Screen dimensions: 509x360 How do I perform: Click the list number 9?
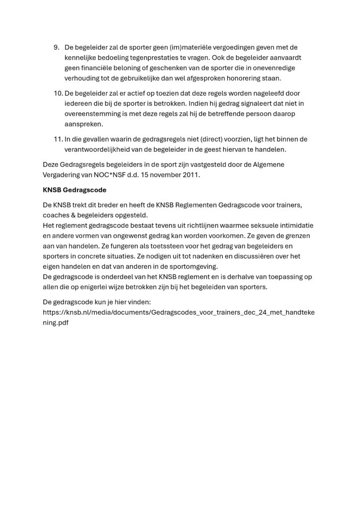[56, 48]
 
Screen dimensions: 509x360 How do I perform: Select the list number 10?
[57, 93]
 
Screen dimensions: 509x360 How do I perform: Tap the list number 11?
[57, 139]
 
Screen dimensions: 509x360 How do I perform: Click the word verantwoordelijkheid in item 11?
[102, 149]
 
